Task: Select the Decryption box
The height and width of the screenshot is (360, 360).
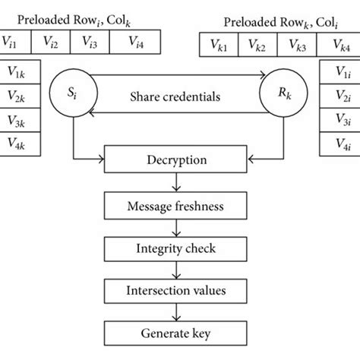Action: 177,160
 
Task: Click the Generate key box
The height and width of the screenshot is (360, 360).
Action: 177,332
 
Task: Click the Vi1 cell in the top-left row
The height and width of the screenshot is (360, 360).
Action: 18,42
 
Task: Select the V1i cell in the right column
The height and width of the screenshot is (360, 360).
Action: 341,73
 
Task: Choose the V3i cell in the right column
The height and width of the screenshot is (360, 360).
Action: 341,120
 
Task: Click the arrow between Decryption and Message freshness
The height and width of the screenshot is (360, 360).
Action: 177,182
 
